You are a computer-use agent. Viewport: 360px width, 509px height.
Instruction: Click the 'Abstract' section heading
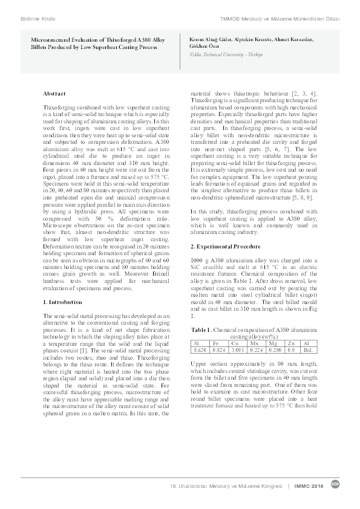pos(54,94)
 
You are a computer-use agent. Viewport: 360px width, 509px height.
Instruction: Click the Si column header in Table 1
pos(195,343)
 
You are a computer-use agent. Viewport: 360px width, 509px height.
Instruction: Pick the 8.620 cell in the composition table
pos(199,350)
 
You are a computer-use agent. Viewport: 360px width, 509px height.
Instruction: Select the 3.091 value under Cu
pos(240,350)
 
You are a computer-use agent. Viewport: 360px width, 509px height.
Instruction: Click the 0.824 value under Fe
pos(220,350)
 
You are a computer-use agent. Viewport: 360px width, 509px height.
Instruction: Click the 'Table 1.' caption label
pos(201,330)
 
